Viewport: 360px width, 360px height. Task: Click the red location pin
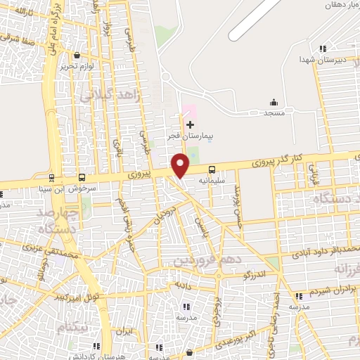[x=181, y=165]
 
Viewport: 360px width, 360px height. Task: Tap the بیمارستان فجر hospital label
[x=189, y=136]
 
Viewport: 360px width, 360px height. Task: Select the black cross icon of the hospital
[x=189, y=124]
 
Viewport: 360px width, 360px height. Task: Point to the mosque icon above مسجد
[x=273, y=103]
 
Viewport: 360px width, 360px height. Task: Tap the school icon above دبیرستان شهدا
[x=323, y=49]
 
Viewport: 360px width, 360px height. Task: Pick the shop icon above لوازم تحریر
[x=77, y=56]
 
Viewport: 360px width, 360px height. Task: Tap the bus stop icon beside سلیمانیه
[x=212, y=169]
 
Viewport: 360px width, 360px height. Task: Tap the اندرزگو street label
[x=254, y=275]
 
